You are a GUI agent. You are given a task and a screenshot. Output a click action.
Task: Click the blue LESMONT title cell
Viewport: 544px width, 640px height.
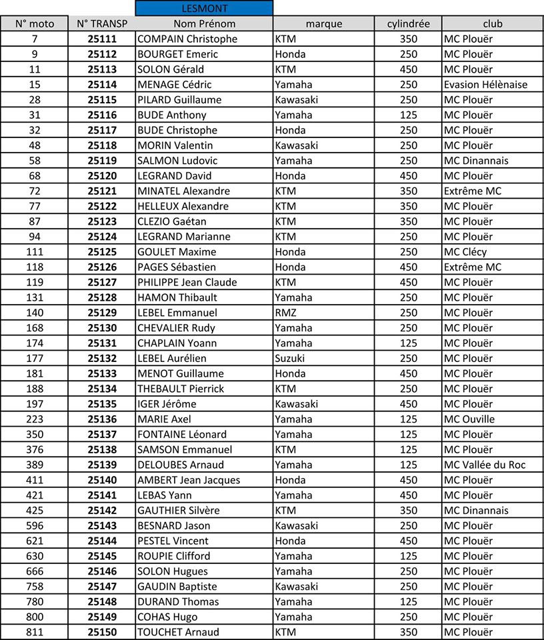(x=204, y=9)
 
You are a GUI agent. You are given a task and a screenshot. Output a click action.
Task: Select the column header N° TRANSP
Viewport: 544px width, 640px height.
(x=102, y=24)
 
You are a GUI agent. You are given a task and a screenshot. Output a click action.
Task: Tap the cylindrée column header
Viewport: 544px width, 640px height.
(x=408, y=24)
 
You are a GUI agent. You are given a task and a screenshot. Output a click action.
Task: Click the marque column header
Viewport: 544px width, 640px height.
(x=323, y=24)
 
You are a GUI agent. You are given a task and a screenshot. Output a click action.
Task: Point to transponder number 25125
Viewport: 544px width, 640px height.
(x=102, y=252)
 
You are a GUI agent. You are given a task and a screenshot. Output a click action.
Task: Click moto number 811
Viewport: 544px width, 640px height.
(x=35, y=632)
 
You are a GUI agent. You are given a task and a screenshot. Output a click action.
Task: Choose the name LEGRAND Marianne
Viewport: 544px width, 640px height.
(x=183, y=237)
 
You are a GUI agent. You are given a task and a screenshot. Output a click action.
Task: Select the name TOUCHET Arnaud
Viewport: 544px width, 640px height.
(x=178, y=632)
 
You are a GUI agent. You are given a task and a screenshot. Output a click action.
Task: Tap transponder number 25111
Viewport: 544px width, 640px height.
(x=102, y=39)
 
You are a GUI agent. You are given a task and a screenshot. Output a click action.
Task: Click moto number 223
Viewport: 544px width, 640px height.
(x=35, y=419)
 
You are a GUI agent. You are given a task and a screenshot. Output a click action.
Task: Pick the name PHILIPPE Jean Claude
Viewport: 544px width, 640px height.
(x=187, y=282)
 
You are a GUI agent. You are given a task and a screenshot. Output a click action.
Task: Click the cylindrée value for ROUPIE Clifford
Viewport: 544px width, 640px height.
(x=408, y=556)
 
